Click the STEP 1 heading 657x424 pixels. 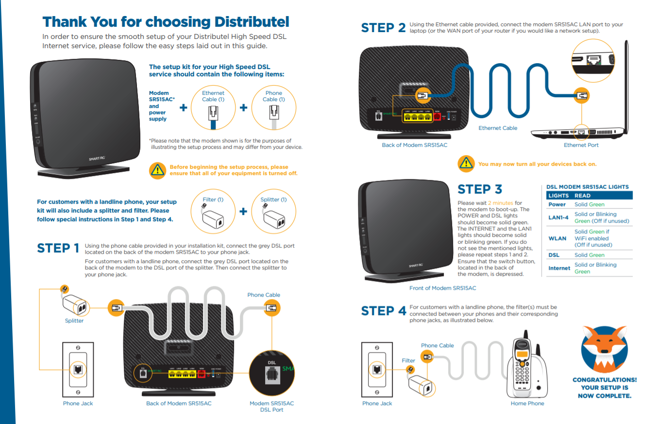click(58, 248)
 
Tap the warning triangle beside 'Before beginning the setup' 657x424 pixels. click(157, 170)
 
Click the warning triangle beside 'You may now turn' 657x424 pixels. click(466, 164)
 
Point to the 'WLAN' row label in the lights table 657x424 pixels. click(557, 238)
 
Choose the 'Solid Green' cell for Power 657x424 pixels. click(590, 205)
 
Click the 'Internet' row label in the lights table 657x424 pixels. click(559, 268)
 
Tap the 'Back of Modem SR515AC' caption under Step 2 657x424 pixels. click(414, 145)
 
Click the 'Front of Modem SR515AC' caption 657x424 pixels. click(442, 288)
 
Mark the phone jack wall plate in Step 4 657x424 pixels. click(377, 369)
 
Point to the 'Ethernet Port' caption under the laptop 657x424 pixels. click(581, 145)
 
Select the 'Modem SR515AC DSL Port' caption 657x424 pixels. click(271, 406)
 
